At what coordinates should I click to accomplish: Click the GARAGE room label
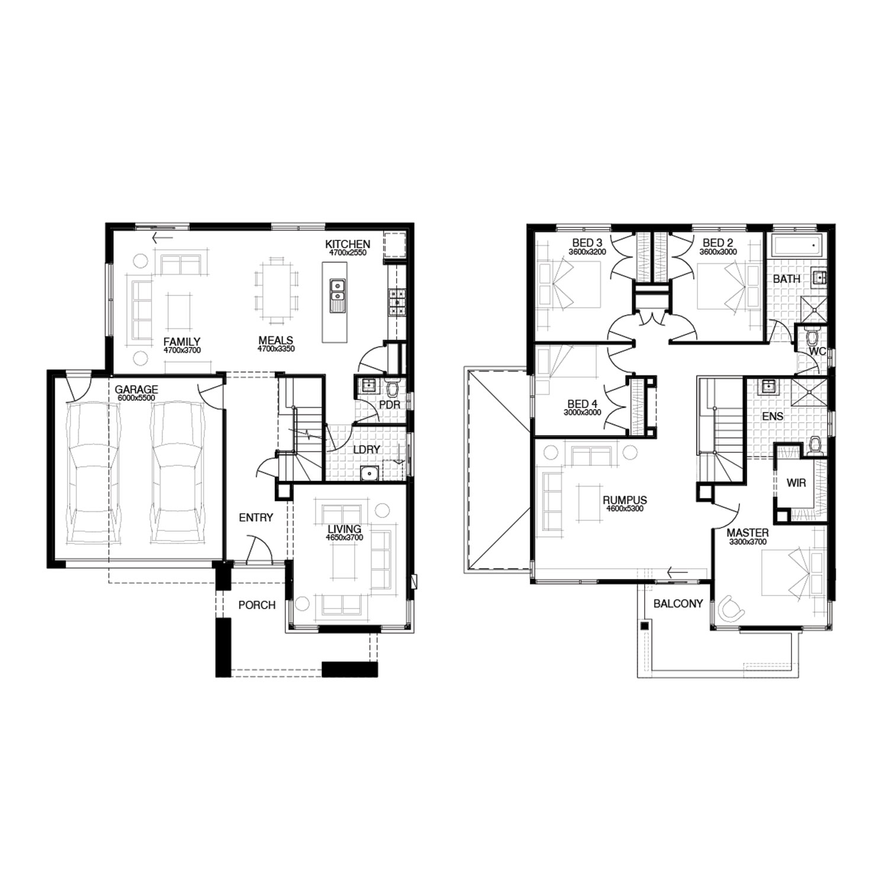[136, 390]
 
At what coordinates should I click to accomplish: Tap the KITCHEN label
[348, 244]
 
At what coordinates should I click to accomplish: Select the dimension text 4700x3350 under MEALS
[276, 349]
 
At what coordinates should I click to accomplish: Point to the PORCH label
[257, 605]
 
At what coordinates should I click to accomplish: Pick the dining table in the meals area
[276, 290]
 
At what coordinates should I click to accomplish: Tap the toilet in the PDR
[392, 388]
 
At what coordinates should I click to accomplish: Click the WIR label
[796, 483]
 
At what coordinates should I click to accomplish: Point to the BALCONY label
[678, 604]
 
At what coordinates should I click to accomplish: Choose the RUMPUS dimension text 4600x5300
[625, 509]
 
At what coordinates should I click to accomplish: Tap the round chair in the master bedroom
[732, 608]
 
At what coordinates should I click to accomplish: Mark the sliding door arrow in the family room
[162, 238]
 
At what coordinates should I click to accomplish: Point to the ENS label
[773, 417]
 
